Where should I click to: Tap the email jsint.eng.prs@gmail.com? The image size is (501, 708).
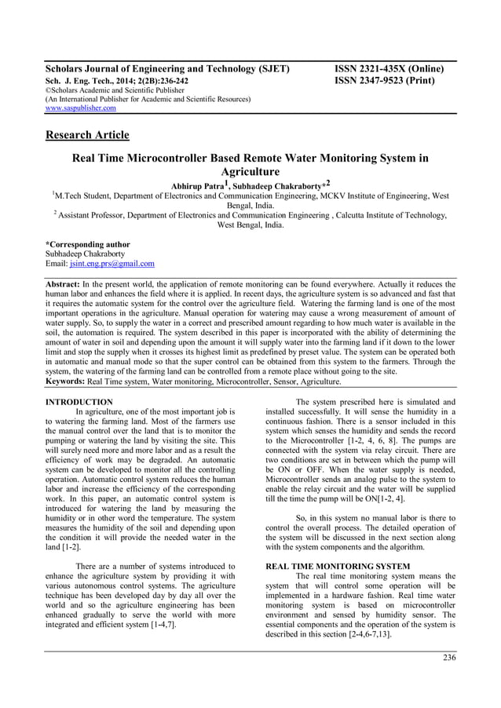112,265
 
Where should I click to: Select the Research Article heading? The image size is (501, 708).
86,135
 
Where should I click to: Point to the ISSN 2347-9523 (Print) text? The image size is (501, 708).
384,80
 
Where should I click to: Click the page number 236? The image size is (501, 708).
448,657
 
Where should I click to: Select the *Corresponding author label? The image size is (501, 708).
87,244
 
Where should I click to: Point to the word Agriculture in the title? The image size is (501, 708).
250,171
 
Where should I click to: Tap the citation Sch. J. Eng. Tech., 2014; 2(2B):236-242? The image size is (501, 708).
116,80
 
